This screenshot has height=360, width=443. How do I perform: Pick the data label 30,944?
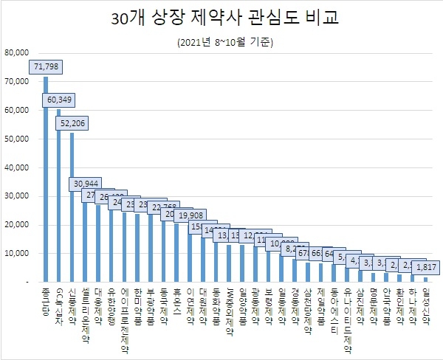(86, 183)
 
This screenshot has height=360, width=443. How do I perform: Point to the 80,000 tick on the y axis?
(16, 52)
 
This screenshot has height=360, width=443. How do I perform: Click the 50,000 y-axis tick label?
(16, 139)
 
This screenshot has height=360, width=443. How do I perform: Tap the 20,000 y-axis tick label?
(16, 225)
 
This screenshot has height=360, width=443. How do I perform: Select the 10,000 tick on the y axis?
(16, 254)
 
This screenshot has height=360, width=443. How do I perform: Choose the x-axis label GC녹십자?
(59, 303)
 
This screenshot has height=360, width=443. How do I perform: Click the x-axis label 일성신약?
(425, 303)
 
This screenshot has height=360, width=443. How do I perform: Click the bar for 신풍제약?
(72, 207)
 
